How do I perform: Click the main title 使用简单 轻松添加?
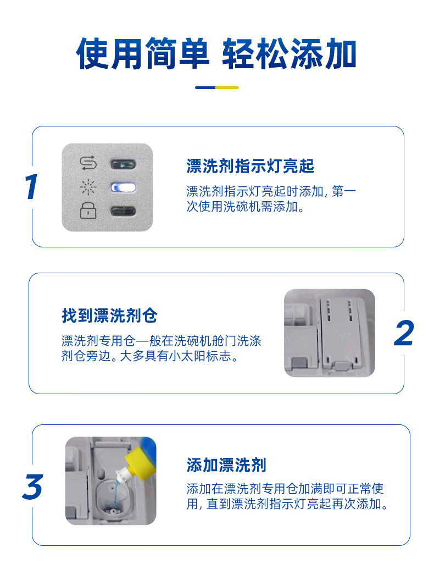click(216, 54)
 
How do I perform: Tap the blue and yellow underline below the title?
click(216, 87)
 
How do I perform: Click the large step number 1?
click(32, 187)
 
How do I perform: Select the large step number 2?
click(404, 333)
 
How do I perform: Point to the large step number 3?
click(32, 487)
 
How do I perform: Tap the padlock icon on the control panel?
click(87, 211)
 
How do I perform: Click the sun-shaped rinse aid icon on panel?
click(87, 187)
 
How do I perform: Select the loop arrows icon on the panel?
click(87, 163)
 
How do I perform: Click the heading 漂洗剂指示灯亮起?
click(250, 166)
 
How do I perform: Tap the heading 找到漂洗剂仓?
click(109, 316)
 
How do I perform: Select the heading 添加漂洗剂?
click(226, 465)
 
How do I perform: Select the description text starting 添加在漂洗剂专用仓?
click(288, 496)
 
